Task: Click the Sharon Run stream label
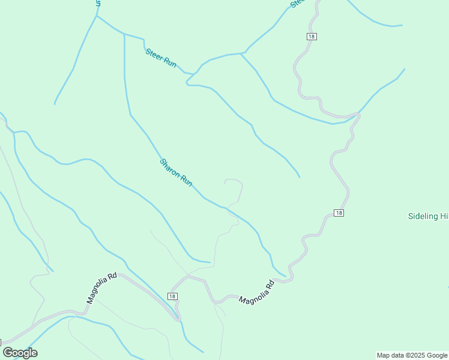click(176, 172)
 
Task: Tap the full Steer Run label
click(161, 58)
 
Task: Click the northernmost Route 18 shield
click(311, 37)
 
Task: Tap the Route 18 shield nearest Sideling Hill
click(339, 213)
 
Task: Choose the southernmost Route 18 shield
click(173, 296)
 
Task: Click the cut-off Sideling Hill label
click(428, 216)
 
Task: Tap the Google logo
click(20, 353)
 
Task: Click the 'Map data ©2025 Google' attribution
click(412, 355)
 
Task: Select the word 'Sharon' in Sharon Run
click(170, 167)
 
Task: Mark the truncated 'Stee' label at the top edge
click(297, 3)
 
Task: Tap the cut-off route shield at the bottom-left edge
click(1, 341)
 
